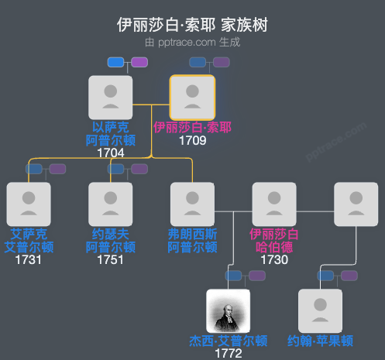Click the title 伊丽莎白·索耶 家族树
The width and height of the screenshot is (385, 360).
click(192, 25)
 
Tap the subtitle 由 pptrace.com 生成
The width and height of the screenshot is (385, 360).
click(192, 42)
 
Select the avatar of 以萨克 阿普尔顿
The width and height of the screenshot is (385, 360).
click(111, 97)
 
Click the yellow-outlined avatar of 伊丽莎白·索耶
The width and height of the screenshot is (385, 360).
click(192, 97)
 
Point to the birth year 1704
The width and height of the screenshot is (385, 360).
click(111, 153)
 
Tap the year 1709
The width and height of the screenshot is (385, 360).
click(192, 141)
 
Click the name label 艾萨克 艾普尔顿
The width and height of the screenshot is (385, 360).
click(29, 240)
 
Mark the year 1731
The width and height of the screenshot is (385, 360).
click(29, 259)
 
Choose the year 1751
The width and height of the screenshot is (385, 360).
click(111, 259)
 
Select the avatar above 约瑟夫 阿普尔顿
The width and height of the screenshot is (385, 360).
click(111, 204)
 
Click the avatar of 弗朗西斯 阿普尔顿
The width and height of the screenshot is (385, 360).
click(192, 204)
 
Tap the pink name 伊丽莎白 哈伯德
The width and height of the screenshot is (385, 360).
click(274, 240)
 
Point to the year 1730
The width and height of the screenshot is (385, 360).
click(274, 259)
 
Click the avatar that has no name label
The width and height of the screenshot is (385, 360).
click(356, 204)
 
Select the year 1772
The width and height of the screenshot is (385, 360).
click(229, 353)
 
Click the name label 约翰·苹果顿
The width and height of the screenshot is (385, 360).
click(320, 340)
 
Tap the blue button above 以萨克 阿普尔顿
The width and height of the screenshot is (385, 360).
click(116, 62)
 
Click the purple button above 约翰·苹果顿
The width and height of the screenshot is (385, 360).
click(349, 276)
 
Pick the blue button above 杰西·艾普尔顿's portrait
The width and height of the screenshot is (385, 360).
click(234, 276)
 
